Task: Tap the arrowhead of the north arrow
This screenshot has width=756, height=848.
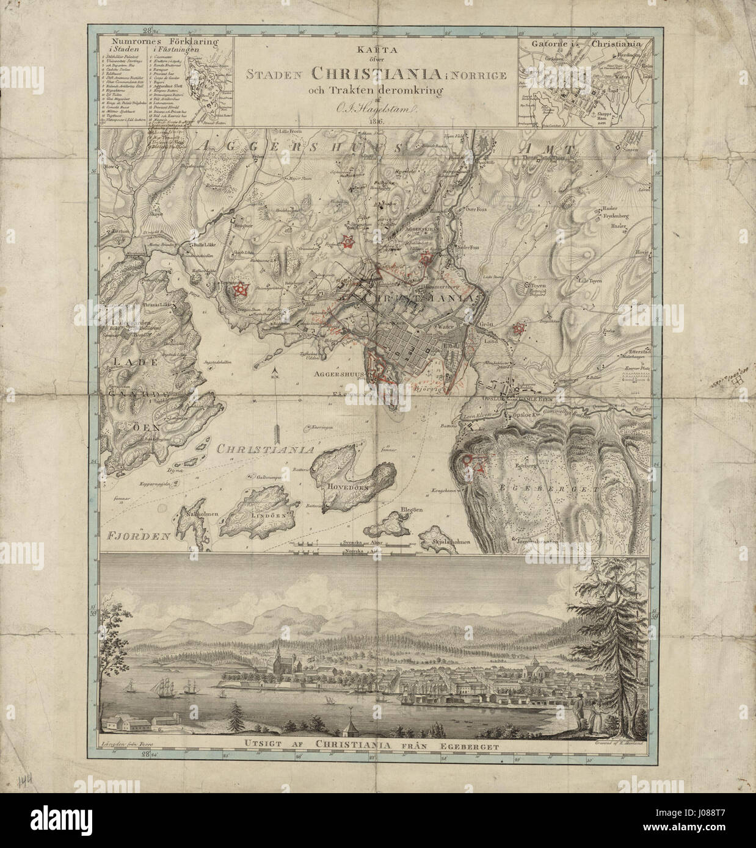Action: pyautogui.click(x=275, y=372)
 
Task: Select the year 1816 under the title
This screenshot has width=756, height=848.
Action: pyautogui.click(x=377, y=121)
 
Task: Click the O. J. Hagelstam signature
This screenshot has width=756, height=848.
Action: pyautogui.click(x=375, y=109)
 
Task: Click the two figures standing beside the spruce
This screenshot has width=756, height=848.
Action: pyautogui.click(x=583, y=714)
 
